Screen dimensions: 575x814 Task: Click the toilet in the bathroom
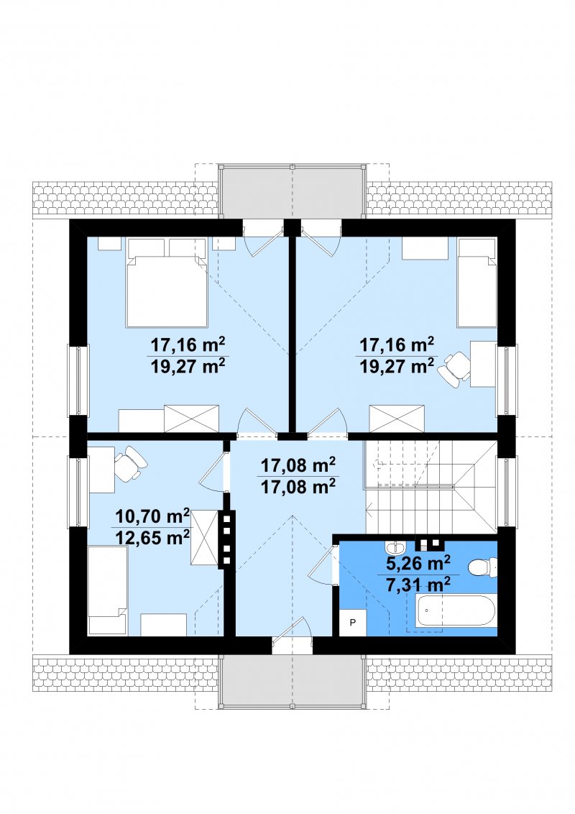482,567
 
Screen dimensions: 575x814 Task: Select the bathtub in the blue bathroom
456,610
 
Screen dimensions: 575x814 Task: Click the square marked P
353,623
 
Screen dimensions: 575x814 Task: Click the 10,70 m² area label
152,516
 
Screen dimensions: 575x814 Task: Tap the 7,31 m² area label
418,585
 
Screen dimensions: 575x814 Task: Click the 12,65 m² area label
152,536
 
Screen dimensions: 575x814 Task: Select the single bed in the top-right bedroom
477,283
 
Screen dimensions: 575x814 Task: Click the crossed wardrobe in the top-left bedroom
191,419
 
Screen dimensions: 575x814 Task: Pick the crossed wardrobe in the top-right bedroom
397,419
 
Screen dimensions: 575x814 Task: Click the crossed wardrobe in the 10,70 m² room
205,536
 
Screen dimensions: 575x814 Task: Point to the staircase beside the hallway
431,486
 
